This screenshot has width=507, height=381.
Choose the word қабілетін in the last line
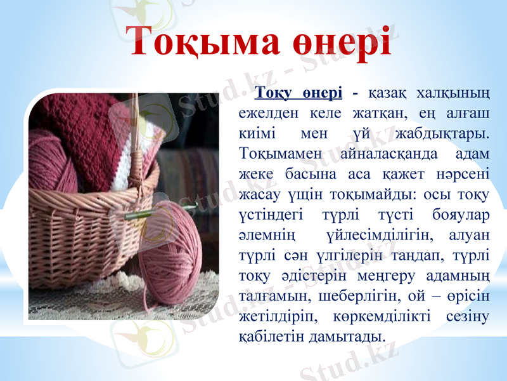[270, 336]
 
